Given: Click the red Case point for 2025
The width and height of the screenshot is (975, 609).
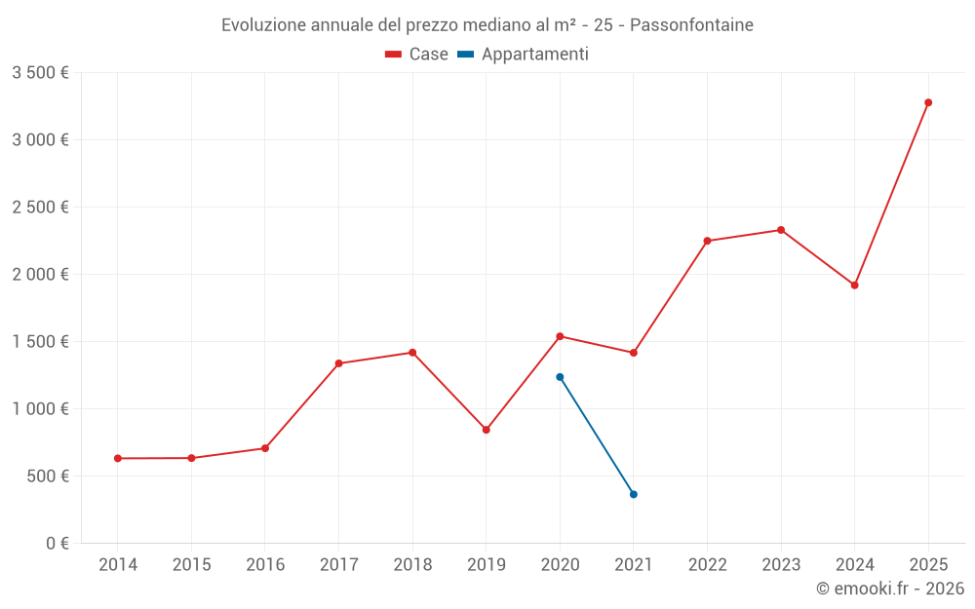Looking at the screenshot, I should (928, 102).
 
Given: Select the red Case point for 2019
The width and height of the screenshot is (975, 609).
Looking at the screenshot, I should (487, 430).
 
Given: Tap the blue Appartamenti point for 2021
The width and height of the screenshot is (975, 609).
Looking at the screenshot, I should (634, 494).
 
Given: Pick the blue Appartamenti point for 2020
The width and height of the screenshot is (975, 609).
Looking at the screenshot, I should (560, 377).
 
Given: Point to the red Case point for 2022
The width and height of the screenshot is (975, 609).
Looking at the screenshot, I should (707, 241).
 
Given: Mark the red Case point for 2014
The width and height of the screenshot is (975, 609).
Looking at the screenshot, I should (118, 458).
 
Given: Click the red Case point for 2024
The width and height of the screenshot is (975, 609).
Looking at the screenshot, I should (854, 285).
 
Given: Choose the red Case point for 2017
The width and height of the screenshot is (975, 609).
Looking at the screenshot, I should (338, 363).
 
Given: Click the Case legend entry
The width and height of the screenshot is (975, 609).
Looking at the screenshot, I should (417, 55).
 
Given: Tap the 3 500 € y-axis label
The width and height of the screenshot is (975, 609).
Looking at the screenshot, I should (40, 73).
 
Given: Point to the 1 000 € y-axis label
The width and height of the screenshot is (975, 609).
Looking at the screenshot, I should (40, 409).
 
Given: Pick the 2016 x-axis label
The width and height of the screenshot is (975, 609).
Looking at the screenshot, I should (265, 565).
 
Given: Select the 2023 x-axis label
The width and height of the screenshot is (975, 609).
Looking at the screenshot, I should (781, 565).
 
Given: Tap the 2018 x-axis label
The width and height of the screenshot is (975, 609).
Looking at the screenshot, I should (412, 565).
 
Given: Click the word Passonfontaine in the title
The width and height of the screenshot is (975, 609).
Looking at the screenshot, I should (691, 25).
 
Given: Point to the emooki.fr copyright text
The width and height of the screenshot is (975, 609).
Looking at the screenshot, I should (890, 589).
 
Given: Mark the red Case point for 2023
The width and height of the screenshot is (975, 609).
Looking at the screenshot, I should (781, 230).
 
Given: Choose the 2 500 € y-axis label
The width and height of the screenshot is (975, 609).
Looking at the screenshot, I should (40, 208).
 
